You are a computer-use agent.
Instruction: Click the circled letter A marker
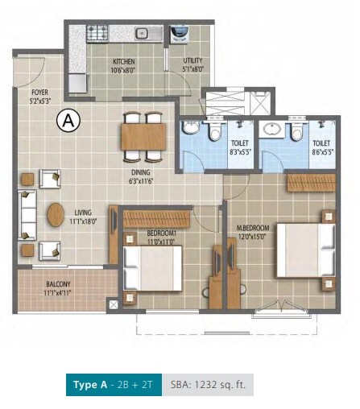pyautogui.click(x=69, y=121)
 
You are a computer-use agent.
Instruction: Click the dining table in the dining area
pyautogui.click(x=144, y=134)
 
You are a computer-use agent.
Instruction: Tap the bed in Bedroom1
pyautogui.click(x=153, y=269)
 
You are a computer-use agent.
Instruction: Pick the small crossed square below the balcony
pyautogui.click(x=114, y=305)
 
